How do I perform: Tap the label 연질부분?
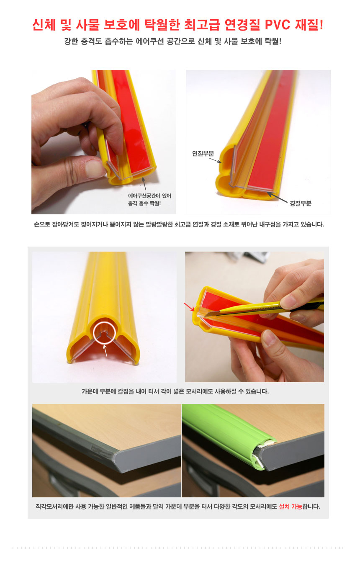[203, 153]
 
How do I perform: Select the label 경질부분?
[301, 203]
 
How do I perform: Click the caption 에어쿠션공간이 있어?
[149, 196]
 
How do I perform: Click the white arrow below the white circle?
[105, 350]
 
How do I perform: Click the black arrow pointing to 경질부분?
[277, 197]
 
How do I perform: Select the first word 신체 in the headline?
[44, 25]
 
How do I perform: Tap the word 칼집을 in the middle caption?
[125, 391]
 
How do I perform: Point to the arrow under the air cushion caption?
[144, 184]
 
